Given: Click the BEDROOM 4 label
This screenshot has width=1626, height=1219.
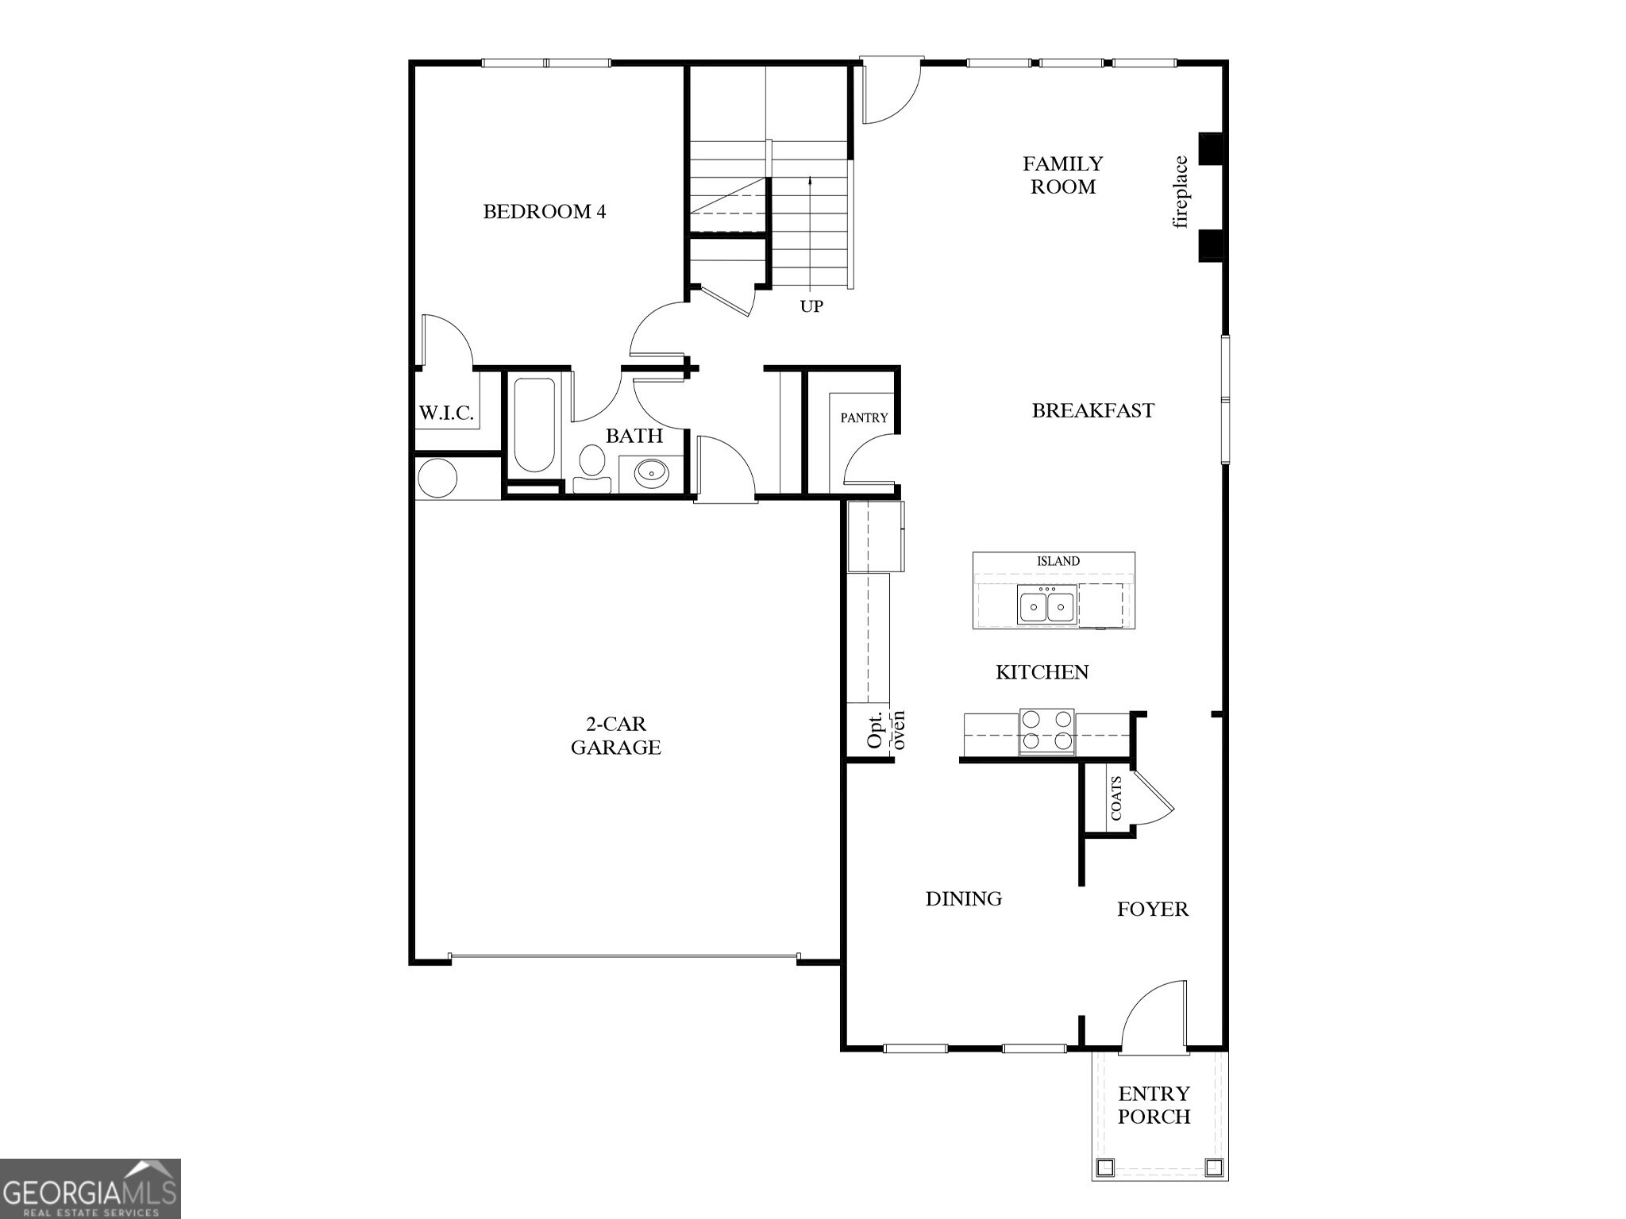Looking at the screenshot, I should coord(544,212).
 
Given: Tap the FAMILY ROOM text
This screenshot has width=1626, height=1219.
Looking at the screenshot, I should coord(1062,175).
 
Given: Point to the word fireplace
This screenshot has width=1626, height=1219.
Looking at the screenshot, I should coord(1181,192).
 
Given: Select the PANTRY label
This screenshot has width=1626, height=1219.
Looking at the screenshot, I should coord(864,418).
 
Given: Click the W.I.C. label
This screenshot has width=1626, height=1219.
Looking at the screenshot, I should coord(446,413).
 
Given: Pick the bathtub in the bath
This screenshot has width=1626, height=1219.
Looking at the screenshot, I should coord(534,426).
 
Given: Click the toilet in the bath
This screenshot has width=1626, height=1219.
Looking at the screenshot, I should coord(591,467).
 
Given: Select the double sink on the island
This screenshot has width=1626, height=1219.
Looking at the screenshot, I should coord(1046,607).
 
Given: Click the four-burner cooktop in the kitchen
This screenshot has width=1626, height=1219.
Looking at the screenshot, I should coord(1046,731).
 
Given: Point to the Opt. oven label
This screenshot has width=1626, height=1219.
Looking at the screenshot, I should coord(884,729).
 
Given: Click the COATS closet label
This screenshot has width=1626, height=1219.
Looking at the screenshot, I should coord(1116,798).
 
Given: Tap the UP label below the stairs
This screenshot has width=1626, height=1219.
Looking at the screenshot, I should coord(811,306).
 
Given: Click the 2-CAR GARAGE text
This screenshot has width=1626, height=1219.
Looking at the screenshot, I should coord(615,736).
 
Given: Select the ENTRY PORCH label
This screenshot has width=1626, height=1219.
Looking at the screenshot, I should coord(1154,1105).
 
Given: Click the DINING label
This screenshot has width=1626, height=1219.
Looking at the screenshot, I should coord(963,898).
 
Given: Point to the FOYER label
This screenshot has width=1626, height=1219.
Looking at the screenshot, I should coord(1152,909).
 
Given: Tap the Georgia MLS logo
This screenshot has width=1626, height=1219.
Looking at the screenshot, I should coord(90,1189).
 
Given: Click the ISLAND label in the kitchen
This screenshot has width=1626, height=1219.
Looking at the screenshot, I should coord(1058,561).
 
